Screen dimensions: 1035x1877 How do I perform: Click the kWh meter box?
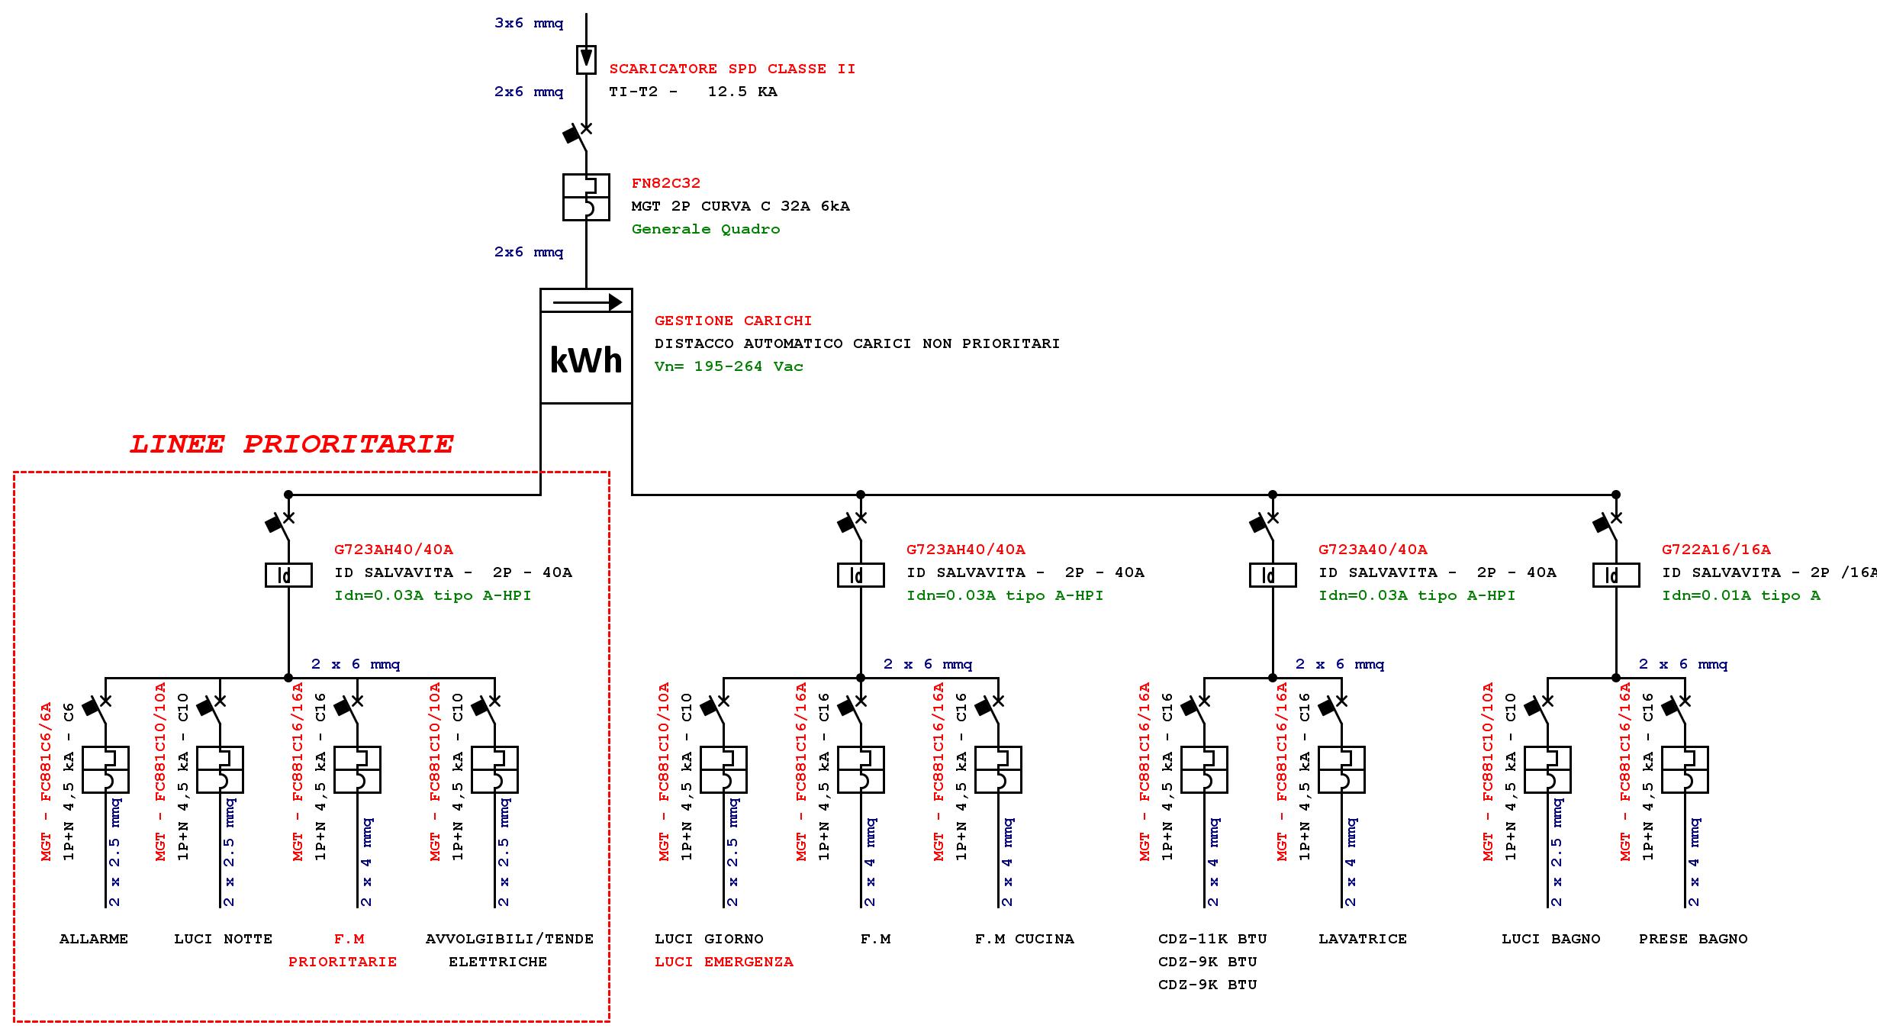(x=586, y=346)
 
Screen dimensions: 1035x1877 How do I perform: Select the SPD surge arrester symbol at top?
(x=586, y=60)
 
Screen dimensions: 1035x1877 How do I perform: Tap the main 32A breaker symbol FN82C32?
(x=586, y=197)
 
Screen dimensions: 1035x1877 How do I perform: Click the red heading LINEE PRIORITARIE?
(x=291, y=444)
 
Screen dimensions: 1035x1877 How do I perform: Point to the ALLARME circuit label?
(x=94, y=939)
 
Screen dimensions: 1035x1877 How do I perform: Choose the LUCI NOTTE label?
(x=223, y=939)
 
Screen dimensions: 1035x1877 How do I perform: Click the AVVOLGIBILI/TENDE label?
(x=509, y=939)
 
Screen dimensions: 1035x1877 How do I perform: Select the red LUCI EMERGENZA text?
(x=723, y=962)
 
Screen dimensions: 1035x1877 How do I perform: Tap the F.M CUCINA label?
(x=1024, y=939)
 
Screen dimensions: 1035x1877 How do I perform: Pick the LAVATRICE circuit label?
(x=1362, y=939)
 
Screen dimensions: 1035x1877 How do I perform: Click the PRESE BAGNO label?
(x=1692, y=939)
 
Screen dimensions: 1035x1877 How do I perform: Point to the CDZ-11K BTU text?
(x=1212, y=939)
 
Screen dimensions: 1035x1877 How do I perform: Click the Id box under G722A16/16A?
(x=1615, y=575)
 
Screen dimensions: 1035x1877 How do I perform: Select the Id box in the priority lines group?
(x=288, y=575)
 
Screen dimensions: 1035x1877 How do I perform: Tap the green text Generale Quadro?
(x=706, y=229)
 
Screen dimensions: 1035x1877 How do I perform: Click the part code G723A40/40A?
(x=1372, y=550)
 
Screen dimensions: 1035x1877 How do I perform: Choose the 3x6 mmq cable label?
(x=529, y=23)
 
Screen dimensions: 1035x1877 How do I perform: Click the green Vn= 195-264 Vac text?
(x=729, y=366)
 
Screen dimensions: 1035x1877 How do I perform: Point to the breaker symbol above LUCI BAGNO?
(x=1547, y=769)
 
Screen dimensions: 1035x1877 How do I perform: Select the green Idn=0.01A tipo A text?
(x=1740, y=595)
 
